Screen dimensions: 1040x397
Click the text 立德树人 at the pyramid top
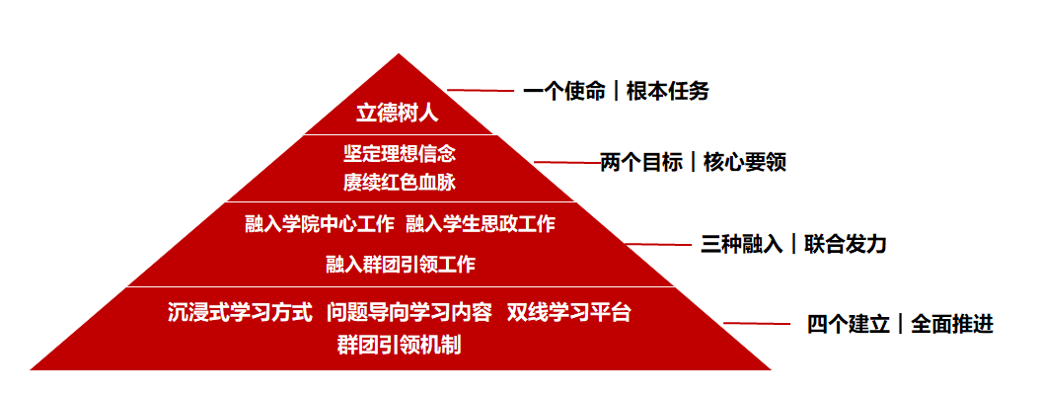tap(398, 114)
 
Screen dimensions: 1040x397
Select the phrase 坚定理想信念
tap(400, 154)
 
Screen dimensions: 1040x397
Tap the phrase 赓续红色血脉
tap(400, 183)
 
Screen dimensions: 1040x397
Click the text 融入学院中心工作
tap(320, 224)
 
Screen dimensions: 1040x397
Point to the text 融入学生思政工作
tap(481, 224)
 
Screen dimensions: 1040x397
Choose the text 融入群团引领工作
tap(401, 265)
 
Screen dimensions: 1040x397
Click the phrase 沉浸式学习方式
tap(240, 313)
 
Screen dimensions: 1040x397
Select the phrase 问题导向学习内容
tap(409, 313)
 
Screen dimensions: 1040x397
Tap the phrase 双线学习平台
tap(569, 313)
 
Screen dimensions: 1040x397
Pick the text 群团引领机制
tap(400, 346)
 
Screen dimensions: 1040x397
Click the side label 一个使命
tap(564, 92)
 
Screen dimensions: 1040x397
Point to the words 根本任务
tap(667, 92)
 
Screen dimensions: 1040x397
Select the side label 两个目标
tap(641, 163)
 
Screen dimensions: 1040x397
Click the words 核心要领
tap(745, 163)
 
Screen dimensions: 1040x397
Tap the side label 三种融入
tap(742, 245)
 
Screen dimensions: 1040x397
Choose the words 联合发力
tap(846, 245)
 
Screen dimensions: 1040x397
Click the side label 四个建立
tap(849, 324)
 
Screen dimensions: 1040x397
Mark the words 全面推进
tap(952, 324)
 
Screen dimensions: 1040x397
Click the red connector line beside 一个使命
tap(481, 90)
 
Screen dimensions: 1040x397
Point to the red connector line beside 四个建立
tap(757, 324)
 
